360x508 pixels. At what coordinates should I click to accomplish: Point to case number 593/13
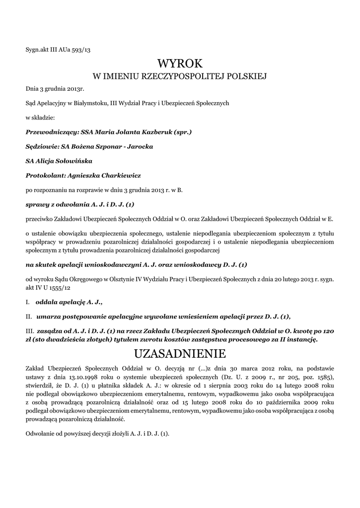[78, 49]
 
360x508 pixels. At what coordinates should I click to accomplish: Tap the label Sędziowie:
[41, 147]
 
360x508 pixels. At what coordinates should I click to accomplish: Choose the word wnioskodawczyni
[127, 264]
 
